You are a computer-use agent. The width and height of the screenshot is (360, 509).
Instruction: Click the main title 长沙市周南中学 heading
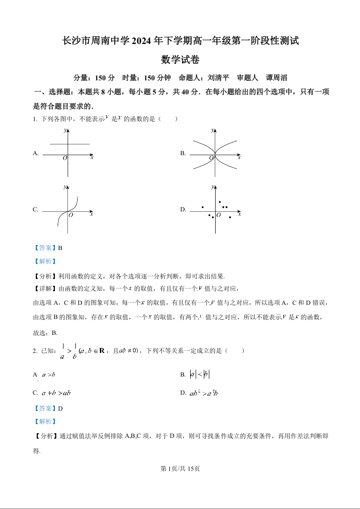(180, 41)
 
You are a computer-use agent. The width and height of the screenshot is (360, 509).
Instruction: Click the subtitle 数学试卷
(180, 59)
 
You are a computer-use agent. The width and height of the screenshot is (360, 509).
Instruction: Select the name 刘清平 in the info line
(218, 78)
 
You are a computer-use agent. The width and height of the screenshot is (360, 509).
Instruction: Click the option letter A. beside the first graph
(36, 153)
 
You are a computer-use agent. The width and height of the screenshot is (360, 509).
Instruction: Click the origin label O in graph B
(211, 158)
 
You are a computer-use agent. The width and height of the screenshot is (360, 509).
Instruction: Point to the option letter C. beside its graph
(35, 210)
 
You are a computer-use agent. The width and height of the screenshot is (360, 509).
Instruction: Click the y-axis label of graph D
(212, 187)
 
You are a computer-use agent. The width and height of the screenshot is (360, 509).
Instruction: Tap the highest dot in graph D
(220, 202)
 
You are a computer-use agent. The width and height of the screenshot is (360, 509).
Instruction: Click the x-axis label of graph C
(91, 214)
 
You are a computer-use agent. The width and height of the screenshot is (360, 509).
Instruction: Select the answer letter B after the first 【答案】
(59, 248)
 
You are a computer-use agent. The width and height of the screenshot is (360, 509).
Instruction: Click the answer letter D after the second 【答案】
(60, 408)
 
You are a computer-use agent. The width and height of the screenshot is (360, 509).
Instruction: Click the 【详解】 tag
(44, 289)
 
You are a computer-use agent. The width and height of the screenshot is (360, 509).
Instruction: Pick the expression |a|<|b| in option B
(200, 375)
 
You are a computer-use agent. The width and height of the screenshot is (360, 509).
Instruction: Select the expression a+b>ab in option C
(56, 393)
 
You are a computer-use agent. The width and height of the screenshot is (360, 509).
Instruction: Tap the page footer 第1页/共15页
(180, 469)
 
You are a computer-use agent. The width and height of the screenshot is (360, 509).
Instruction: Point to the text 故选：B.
(45, 333)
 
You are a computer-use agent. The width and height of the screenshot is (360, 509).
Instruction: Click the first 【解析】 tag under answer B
(44, 261)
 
